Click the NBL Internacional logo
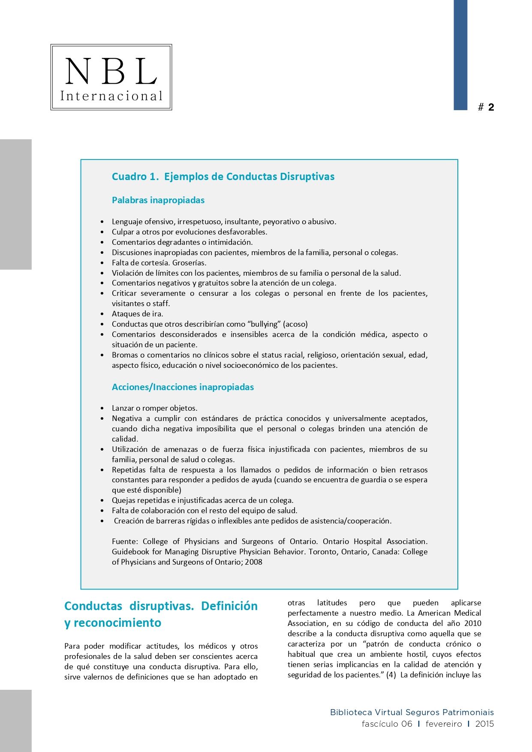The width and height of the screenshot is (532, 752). point(111,77)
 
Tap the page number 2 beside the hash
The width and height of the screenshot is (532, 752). point(491,107)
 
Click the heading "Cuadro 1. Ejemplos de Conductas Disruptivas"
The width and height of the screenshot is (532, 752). point(223,177)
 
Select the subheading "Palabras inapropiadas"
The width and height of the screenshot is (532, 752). point(158,200)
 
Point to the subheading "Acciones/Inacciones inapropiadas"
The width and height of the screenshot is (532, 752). point(183,387)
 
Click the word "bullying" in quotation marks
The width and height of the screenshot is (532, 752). point(264,324)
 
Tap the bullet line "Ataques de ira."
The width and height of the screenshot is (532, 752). point(137,314)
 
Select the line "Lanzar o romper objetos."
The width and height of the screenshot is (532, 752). point(154,408)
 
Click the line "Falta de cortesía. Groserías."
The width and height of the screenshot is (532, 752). point(159,263)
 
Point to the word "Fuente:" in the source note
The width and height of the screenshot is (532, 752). point(125,541)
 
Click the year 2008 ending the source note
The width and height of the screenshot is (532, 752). point(253,562)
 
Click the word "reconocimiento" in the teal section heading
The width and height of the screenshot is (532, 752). point(117,623)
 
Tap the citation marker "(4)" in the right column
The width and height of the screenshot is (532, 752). point(391,675)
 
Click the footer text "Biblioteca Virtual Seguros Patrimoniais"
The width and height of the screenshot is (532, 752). point(412,712)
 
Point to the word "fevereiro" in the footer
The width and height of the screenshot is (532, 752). point(444,724)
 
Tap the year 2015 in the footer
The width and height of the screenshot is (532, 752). point(484,724)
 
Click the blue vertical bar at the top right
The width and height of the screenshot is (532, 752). point(460,55)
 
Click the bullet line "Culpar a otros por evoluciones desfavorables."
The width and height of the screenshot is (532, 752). point(189,232)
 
